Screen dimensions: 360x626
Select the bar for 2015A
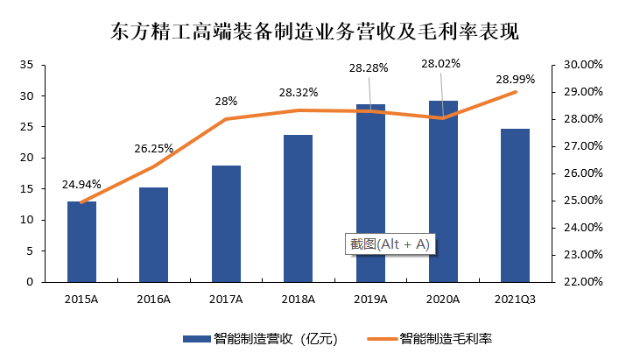81,242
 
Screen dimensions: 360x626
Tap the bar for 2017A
226,223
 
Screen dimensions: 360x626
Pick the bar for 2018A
299,208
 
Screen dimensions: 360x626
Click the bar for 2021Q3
515,205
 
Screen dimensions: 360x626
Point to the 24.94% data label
81,185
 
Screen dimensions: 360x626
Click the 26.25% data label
153,148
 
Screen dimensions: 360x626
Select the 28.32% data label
299,92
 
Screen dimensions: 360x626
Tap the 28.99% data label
515,79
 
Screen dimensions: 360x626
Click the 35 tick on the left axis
26,65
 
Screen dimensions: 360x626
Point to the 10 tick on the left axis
26,220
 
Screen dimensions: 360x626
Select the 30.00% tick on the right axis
578,65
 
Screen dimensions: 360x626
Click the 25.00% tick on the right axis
578,201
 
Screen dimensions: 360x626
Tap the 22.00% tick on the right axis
578,282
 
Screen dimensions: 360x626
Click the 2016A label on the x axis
154,300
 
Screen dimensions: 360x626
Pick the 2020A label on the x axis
443,300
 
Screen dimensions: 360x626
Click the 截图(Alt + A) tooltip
390,244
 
